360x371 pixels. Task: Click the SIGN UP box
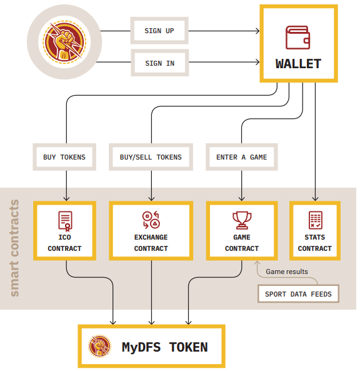159,31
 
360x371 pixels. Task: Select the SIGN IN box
160,63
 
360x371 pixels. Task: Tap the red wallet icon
298,38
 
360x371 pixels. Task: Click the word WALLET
298,64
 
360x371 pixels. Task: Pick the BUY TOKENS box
64,157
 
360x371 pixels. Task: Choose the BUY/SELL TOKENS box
151,157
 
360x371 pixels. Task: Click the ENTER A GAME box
242,157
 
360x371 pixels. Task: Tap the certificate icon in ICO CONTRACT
65,221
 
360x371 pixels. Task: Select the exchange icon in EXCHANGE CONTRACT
151,220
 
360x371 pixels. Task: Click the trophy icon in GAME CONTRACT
242,220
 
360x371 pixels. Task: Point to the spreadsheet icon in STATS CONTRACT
316,220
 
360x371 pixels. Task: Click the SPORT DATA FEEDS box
298,293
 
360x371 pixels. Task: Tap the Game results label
287,272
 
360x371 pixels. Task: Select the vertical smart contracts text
14,248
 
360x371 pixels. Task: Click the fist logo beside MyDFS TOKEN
99,346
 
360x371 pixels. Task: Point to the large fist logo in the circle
64,42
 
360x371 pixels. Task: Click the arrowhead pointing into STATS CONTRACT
316,198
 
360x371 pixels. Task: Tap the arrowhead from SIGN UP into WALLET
257,31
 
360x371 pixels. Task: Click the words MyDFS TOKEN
165,347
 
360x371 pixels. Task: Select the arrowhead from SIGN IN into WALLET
257,62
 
